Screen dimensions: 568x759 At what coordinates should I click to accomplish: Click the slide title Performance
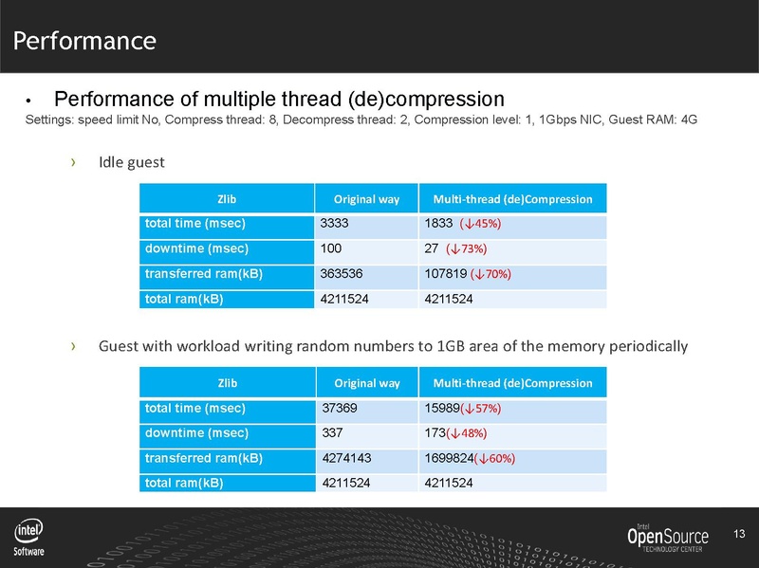point(84,41)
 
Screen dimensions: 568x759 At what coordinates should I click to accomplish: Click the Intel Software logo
point(28,538)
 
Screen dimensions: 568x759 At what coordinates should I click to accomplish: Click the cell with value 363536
point(364,274)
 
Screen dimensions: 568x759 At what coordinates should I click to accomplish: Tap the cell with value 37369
point(364,409)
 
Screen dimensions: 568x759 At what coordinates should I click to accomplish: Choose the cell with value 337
point(364,433)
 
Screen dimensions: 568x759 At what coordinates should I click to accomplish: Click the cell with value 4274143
point(364,458)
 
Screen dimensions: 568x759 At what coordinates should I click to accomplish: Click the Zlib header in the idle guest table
point(228,199)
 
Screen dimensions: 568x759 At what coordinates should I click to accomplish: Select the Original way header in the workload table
point(366,383)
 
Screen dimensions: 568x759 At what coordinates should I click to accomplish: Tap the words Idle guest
point(132,162)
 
